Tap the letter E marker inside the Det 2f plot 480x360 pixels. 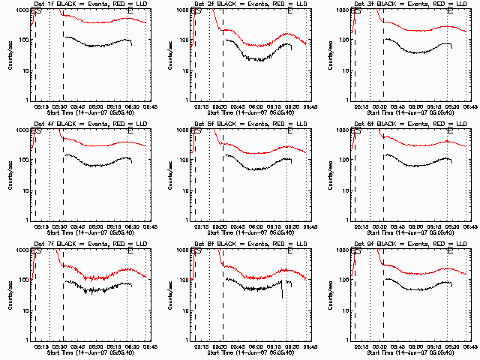290,10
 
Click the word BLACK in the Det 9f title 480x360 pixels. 382,244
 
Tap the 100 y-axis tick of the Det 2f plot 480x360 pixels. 182,40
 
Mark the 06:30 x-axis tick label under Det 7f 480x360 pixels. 130,345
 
